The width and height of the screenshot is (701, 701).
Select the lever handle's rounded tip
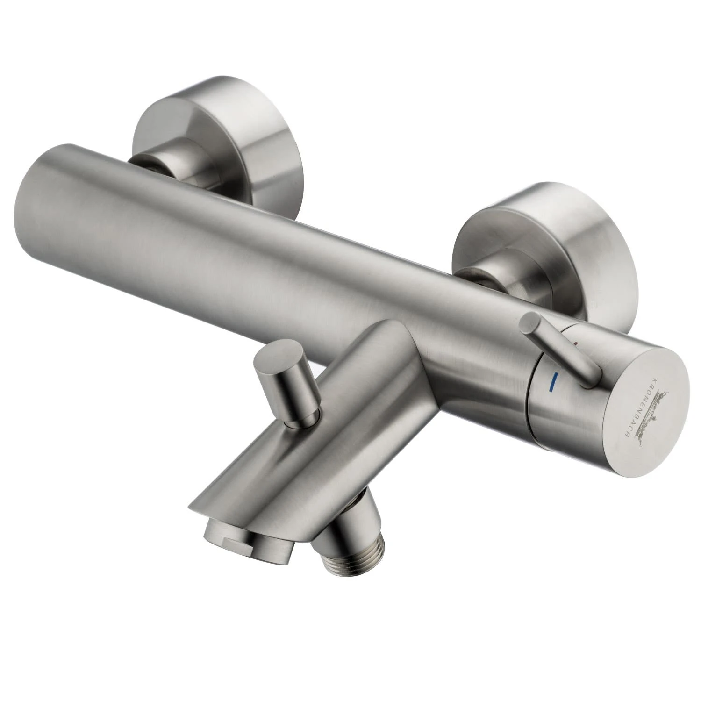[530, 322]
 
